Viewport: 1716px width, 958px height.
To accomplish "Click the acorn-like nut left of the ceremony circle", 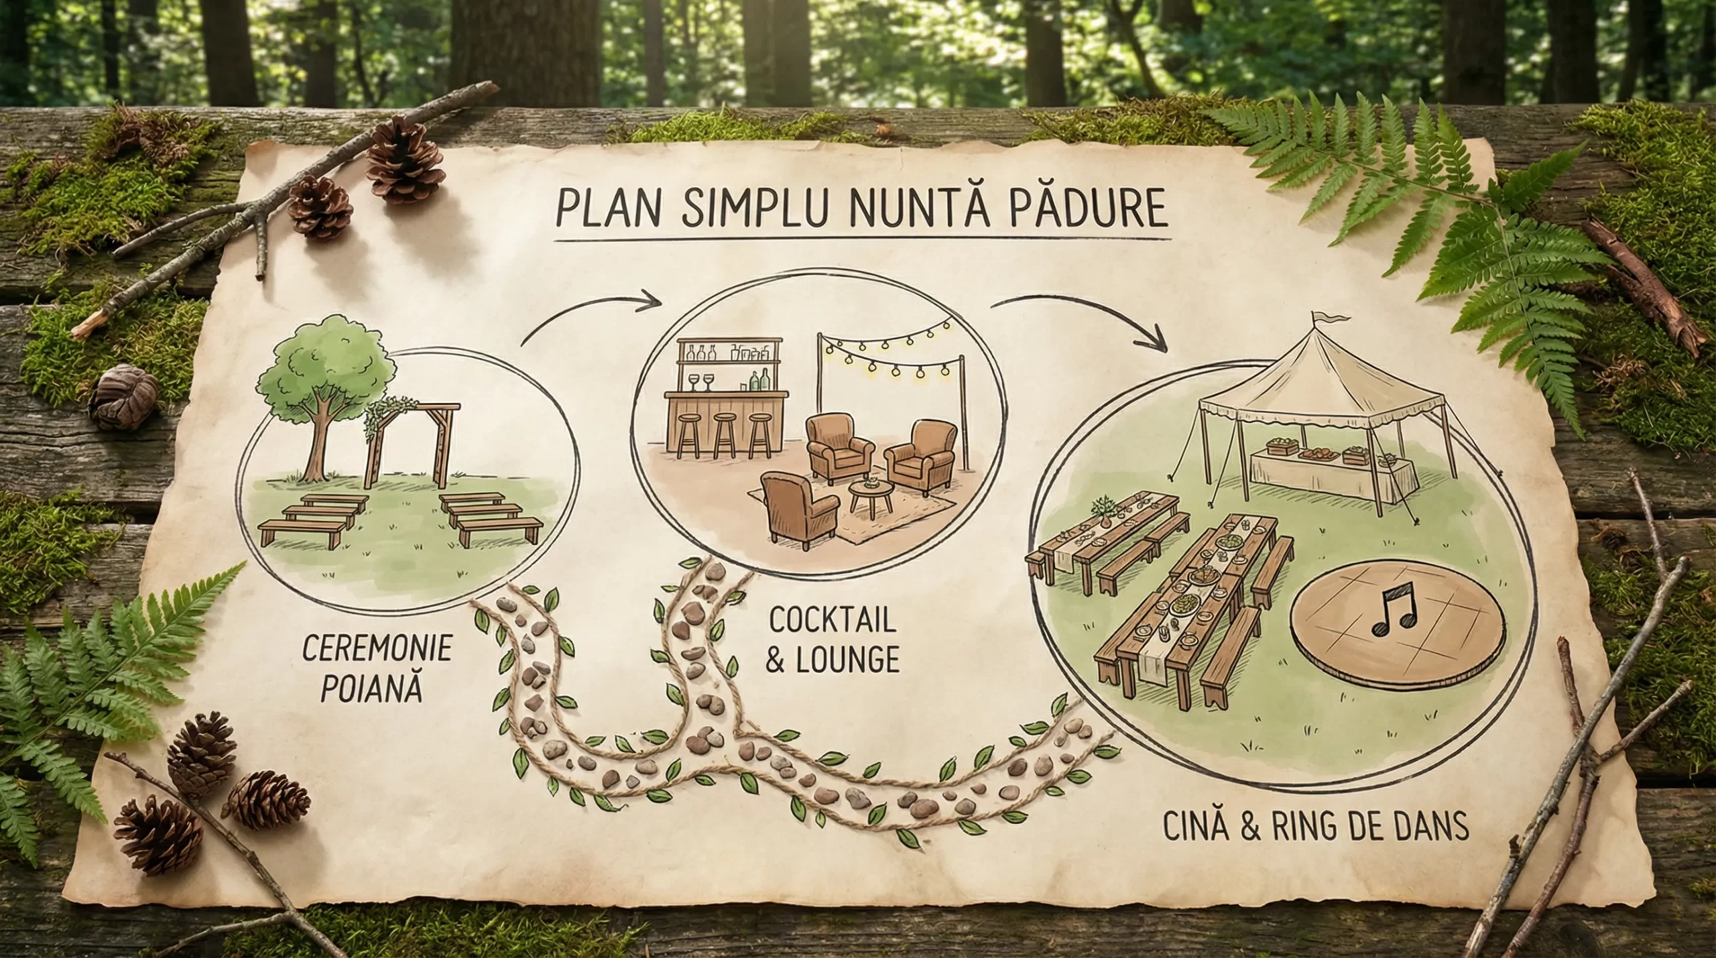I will coord(122,397).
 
